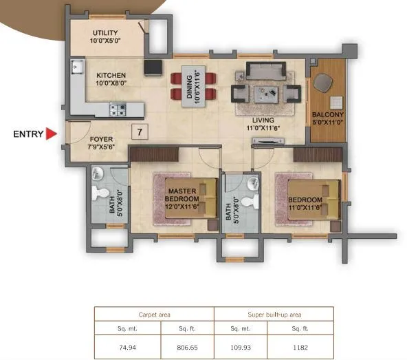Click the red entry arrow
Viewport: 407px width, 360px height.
point(50,134)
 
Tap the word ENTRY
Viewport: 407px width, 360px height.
point(27,135)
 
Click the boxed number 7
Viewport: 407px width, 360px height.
point(140,131)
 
